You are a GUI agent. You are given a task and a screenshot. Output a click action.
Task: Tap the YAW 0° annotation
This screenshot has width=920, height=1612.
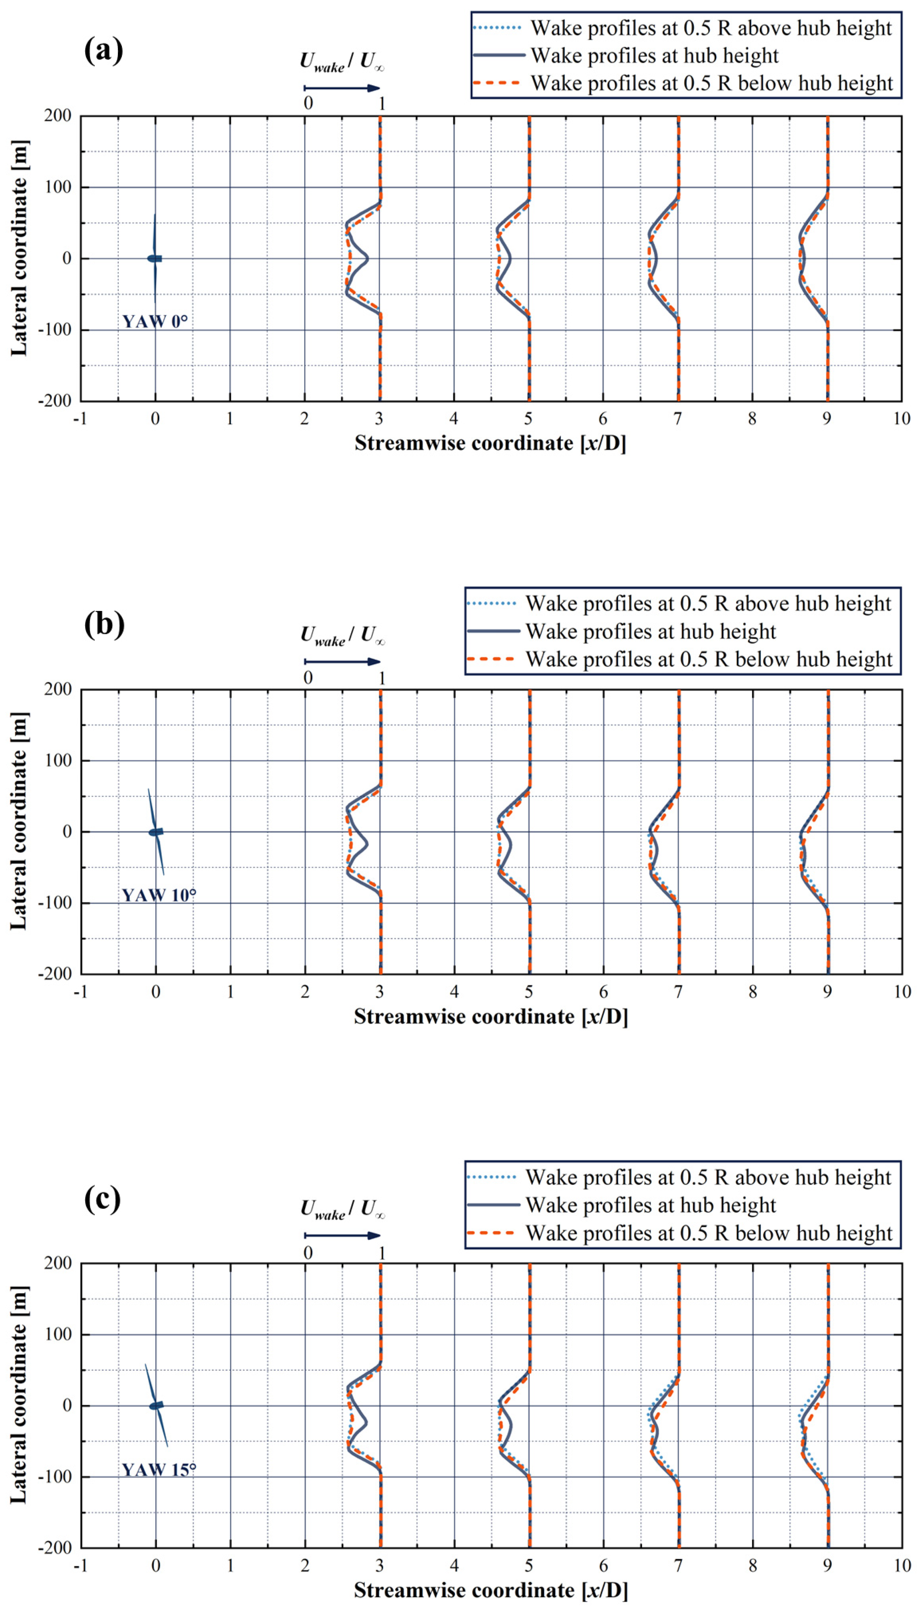(155, 322)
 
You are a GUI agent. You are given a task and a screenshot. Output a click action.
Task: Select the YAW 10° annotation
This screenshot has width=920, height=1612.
(159, 895)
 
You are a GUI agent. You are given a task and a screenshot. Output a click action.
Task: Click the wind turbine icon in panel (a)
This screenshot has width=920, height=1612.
(155, 258)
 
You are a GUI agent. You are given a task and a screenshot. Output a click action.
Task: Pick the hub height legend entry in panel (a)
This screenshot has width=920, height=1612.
(654, 55)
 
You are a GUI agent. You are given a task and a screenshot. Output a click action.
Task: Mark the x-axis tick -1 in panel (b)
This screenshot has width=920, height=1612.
(80, 991)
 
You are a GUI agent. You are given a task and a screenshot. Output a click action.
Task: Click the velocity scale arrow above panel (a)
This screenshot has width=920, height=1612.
(342, 88)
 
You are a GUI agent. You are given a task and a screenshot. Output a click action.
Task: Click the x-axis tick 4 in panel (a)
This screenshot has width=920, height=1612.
(454, 418)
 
